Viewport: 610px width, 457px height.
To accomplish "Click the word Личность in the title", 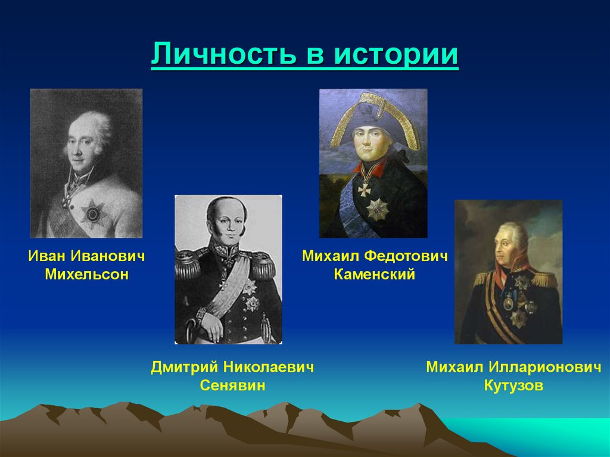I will click(224, 55).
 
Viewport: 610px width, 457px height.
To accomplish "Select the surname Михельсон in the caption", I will click(87, 275).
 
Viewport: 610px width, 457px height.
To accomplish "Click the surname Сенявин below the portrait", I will click(232, 386).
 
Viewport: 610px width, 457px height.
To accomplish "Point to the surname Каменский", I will click(374, 275).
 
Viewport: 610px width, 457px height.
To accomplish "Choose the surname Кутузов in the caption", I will click(513, 386).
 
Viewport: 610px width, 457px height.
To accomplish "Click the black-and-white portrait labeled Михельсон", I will click(86, 163).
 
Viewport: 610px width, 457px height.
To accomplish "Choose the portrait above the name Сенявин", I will click(228, 269).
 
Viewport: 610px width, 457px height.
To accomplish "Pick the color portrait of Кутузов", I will click(508, 272).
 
